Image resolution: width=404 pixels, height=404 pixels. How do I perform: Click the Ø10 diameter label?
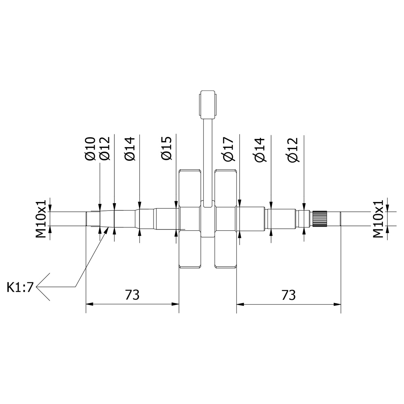pos(90,149)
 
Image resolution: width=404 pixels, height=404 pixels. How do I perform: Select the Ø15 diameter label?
pos(166,148)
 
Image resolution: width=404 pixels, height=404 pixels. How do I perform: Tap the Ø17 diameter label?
pos(229,149)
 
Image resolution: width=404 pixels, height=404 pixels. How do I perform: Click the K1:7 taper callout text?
pos(20,287)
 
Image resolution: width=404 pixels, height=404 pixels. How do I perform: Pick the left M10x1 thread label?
pos(41,219)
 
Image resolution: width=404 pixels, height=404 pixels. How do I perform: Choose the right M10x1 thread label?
pos(378,219)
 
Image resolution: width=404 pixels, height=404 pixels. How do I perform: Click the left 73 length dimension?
pos(132,295)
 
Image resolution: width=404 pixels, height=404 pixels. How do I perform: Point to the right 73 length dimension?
pos(288,295)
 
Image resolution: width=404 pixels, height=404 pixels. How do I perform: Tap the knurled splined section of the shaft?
pos(320,219)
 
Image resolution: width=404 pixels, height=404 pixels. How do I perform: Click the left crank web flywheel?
pos(190,219)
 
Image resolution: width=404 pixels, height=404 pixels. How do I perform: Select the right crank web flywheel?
pos(226,219)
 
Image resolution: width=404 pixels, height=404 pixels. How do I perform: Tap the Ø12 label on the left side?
pos(105,149)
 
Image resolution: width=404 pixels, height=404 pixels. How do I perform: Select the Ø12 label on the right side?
pos(293,150)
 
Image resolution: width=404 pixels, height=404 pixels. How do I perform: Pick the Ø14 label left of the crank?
pos(130,149)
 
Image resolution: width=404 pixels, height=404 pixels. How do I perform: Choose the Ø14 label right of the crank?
pos(260,150)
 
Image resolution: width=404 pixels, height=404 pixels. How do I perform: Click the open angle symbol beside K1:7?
pos(43,287)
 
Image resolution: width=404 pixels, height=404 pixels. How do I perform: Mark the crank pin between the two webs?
pos(208,219)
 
